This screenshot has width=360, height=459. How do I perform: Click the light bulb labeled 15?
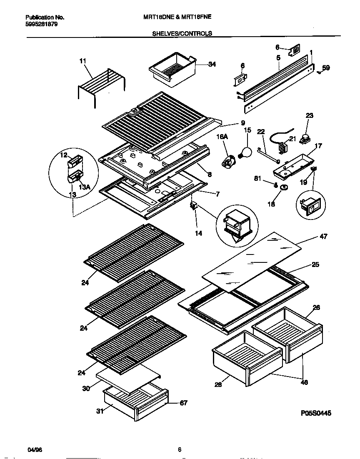point(245,152)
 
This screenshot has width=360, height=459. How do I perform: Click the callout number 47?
point(323,237)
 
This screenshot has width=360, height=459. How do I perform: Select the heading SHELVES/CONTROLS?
point(182,33)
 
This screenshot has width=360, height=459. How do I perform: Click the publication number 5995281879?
point(42,24)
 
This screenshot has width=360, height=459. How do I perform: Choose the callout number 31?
point(100,412)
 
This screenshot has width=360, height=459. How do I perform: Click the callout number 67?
point(183,403)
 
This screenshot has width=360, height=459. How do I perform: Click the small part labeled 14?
point(193,206)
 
